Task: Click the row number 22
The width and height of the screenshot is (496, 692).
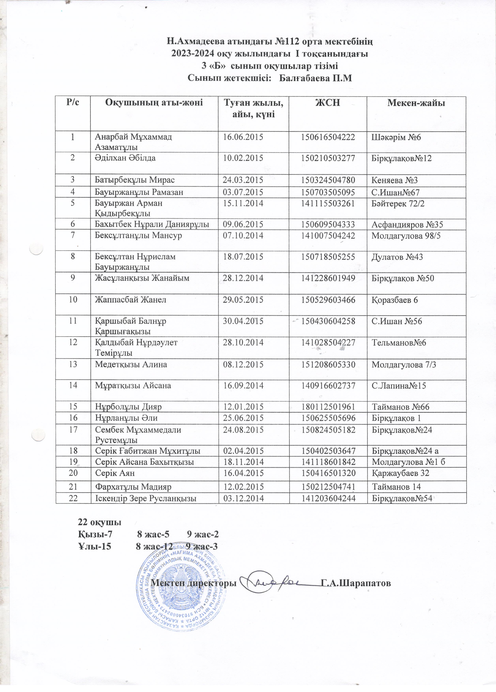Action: click(x=73, y=499)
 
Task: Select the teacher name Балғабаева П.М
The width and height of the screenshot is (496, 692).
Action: click(x=316, y=78)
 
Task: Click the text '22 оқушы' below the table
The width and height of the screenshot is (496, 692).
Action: click(x=99, y=522)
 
